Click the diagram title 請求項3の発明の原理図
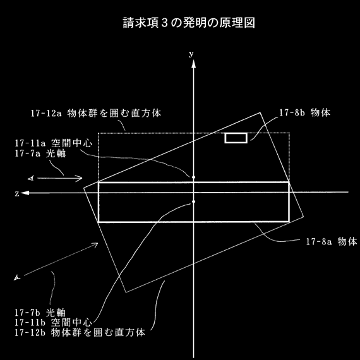[x=189, y=23]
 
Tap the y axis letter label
[x=191, y=54]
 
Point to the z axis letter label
[x=17, y=194]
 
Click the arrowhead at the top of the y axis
[x=194, y=64]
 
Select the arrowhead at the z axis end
[x=25, y=193]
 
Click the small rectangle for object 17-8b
[x=236, y=138]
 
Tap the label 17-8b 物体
[x=305, y=112]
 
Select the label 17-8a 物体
[x=332, y=241]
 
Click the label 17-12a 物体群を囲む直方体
[x=96, y=113]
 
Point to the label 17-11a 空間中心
[x=54, y=143]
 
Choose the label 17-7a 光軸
[x=40, y=153]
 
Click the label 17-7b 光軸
[x=40, y=313]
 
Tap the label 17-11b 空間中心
[x=54, y=322]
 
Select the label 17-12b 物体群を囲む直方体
[x=80, y=332]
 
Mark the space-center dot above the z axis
[x=193, y=177]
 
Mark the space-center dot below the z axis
[x=193, y=201]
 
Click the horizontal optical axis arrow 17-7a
[x=60, y=178]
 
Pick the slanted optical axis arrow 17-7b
[x=61, y=259]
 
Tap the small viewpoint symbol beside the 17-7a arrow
[x=31, y=178]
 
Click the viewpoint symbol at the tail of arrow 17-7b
[x=17, y=278]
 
